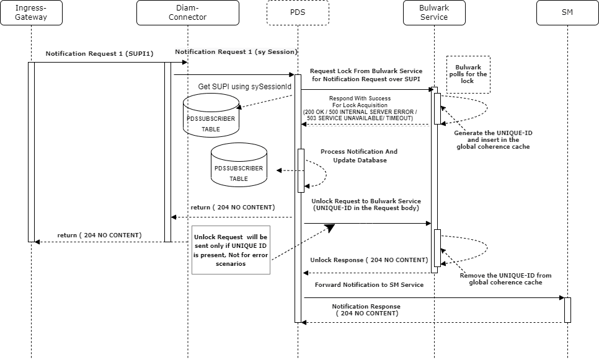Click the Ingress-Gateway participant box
31,12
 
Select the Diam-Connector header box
187,12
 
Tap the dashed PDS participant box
298,12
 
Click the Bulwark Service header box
434,12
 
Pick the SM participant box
567,12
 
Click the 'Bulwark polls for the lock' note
468,74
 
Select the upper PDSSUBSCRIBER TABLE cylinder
211,115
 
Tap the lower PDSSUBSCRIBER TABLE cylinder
239,165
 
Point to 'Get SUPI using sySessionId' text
244,86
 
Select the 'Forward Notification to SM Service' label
369,284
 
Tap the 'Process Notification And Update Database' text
359,156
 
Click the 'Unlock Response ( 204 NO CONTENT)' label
369,260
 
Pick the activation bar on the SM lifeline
567,309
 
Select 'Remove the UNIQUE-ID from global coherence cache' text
505,278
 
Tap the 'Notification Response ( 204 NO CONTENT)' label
366,310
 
